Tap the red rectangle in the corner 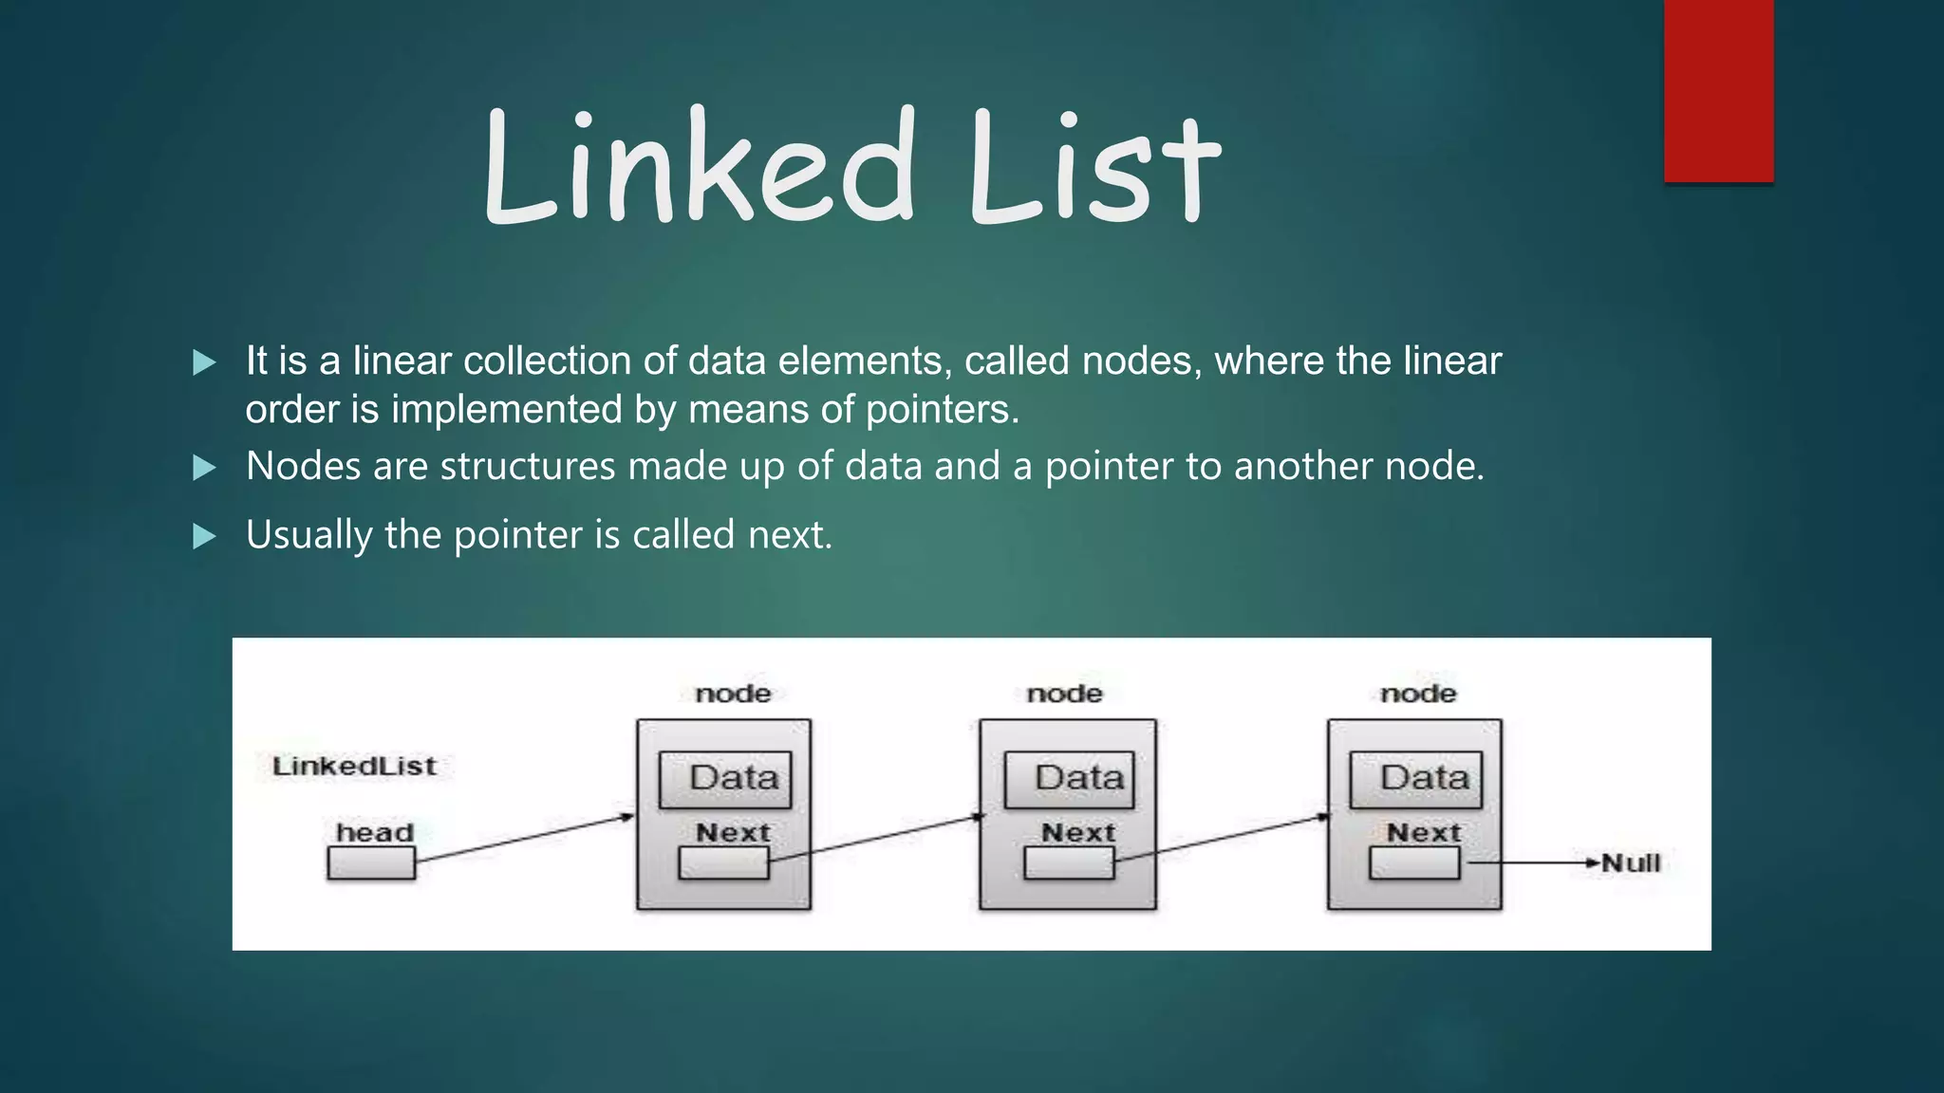click(1718, 91)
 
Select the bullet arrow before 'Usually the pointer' click(204, 537)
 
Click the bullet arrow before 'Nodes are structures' click(204, 468)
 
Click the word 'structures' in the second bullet click(528, 467)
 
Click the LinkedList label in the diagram click(354, 766)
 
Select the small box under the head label click(371, 863)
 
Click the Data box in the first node click(725, 779)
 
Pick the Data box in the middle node click(1069, 779)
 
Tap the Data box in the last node click(1415, 779)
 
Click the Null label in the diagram click(1632, 863)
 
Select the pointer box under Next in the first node click(723, 863)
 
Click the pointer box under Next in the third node click(1414, 863)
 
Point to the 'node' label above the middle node click(1064, 694)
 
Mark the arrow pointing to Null click(1533, 863)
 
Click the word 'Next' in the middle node click(1077, 832)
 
